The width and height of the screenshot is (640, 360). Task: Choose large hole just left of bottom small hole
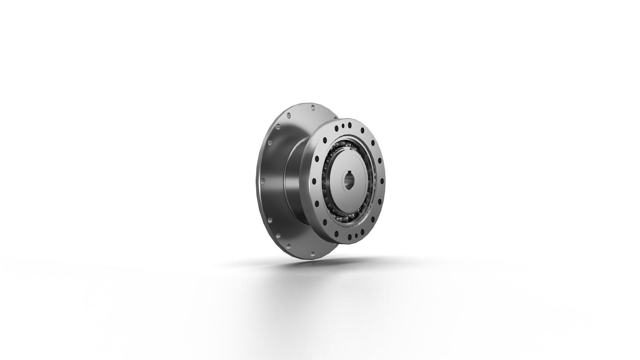[x=349, y=237]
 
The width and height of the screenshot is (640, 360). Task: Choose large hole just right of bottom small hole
[x=361, y=236]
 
